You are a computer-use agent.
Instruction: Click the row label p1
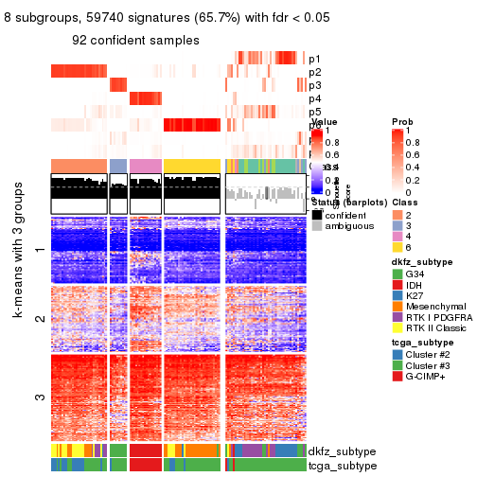pos(314,59)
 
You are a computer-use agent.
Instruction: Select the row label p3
pos(314,85)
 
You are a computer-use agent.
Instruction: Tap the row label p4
pos(314,98)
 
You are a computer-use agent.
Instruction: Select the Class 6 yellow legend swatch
pos(397,247)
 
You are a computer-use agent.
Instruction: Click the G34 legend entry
pos(397,275)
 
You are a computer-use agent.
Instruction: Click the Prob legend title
pos(401,122)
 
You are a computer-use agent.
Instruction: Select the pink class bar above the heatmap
pos(145,167)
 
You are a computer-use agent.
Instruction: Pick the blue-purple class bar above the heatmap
pos(118,167)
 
